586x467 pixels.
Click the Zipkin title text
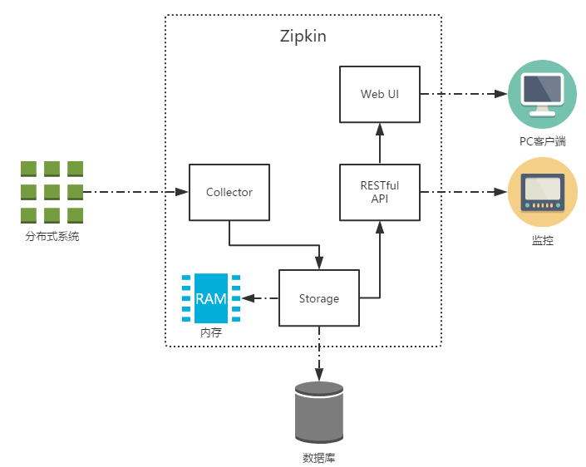pos(303,38)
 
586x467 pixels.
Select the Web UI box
pos(379,94)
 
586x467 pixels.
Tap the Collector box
pos(229,192)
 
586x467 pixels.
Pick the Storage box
pos(318,298)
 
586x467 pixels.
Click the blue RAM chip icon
pos(211,298)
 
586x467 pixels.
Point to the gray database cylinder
pos(318,413)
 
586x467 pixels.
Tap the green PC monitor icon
pos(543,93)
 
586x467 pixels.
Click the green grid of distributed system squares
pos(52,192)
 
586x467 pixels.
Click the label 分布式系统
pos(52,237)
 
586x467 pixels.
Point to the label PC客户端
pos(543,141)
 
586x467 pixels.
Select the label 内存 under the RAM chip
pos(211,332)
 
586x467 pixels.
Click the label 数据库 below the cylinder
pos(318,458)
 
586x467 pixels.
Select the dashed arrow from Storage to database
pos(318,353)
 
